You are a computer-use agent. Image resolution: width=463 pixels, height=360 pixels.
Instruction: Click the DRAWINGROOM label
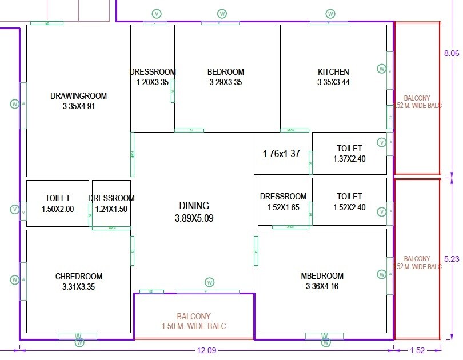(78, 95)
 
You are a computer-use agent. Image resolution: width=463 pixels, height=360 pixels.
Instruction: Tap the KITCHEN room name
(333, 72)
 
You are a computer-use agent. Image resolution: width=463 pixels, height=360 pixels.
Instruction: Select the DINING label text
(194, 206)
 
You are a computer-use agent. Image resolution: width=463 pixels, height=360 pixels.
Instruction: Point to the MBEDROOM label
(322, 276)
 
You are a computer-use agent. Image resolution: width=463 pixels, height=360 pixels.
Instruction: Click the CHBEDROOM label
(79, 277)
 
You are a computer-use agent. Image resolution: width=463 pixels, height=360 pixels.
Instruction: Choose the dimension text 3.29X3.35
(225, 82)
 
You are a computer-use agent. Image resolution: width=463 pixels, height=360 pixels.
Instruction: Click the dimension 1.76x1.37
(281, 154)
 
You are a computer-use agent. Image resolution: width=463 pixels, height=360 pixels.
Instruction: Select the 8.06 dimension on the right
(452, 53)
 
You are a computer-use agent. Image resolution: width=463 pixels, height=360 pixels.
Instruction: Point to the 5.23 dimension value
(452, 258)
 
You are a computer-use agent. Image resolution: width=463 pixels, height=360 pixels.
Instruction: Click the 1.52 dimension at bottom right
(417, 350)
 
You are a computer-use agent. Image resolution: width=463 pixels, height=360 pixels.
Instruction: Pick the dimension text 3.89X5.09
(194, 218)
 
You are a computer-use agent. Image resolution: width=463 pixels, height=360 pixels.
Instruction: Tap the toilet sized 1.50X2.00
(58, 204)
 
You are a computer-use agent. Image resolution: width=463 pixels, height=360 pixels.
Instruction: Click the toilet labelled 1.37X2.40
(349, 154)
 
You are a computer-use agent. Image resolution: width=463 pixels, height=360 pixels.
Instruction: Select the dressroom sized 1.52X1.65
(284, 202)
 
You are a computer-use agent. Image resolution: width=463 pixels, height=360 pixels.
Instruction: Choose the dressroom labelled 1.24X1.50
(111, 204)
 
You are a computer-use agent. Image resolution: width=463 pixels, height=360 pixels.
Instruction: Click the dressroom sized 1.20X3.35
(153, 77)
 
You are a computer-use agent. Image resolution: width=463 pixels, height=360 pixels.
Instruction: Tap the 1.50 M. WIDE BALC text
(194, 326)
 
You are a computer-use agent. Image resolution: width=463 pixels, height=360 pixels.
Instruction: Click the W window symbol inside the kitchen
(381, 69)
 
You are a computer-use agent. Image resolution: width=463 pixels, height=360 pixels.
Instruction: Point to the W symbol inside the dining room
(210, 282)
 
